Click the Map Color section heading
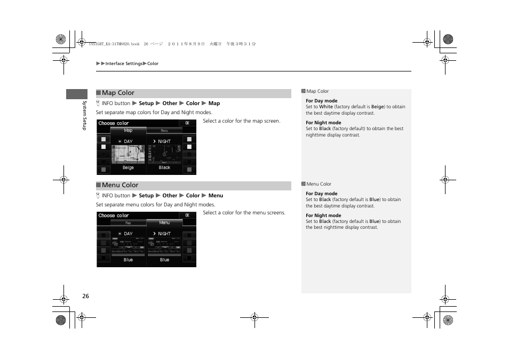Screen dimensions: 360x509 [118, 93]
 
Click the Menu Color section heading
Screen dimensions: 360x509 [120, 185]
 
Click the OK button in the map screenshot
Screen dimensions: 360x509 [187, 123]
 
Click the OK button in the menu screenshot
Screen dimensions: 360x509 [187, 215]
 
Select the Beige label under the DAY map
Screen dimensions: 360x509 [128, 167]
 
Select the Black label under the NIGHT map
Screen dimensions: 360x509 [164, 167]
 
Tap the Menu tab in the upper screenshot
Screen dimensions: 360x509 [164, 131]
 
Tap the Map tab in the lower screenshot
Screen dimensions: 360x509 [128, 223]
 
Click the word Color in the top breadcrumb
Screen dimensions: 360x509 [153, 63]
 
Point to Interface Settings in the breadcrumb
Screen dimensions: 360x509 [124, 63]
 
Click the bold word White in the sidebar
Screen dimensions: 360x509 [326, 107]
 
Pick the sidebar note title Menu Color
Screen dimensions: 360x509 [319, 184]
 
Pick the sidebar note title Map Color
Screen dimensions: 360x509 [317, 91]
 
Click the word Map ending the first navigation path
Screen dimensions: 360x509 [214, 103]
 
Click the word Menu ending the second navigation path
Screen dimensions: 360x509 [216, 196]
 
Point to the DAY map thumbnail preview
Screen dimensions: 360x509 [128, 154]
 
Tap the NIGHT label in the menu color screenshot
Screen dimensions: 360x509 [164, 234]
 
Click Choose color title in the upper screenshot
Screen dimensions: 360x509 [114, 123]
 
